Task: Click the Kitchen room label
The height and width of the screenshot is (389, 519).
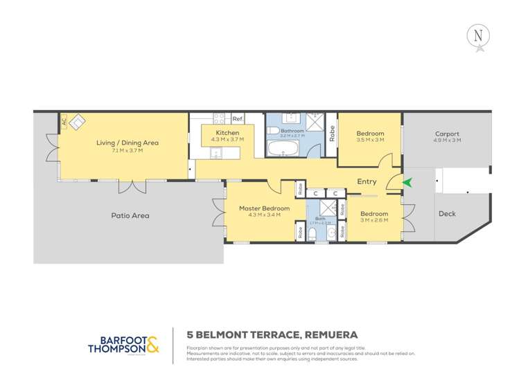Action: coord(227,132)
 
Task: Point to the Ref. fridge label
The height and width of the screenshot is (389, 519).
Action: coord(237,119)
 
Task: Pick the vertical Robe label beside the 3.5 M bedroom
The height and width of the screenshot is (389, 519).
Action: coord(333,133)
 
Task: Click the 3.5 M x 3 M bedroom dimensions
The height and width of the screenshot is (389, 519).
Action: coord(370,141)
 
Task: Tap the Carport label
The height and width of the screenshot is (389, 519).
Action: coord(447,134)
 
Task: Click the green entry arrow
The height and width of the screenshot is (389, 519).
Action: coord(408,183)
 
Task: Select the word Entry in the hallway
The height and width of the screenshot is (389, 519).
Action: coord(367,182)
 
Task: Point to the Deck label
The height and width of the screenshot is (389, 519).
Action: coord(448,214)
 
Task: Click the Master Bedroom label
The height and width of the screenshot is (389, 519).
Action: coord(263,208)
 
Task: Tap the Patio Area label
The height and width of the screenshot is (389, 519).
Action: coord(130,215)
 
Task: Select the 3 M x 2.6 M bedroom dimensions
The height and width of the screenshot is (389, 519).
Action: coord(373,221)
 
